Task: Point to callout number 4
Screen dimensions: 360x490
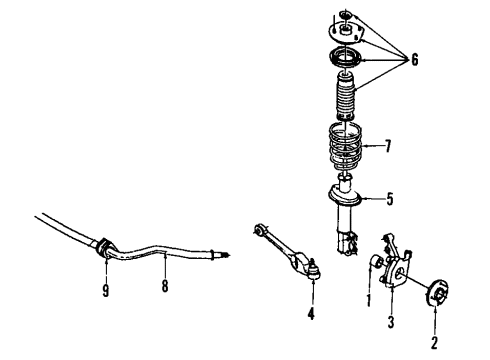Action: (x=311, y=314)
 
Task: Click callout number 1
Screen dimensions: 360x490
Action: (x=369, y=298)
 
